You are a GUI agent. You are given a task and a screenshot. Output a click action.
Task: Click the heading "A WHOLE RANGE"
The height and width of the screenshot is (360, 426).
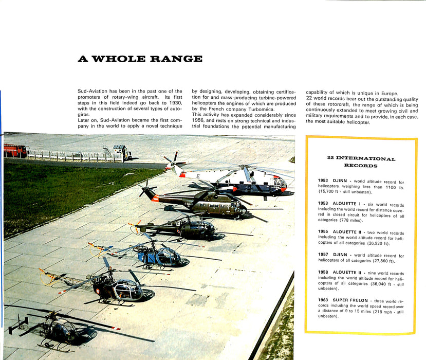[x=140, y=59]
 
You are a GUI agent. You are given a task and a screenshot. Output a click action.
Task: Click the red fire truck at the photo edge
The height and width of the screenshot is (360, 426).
[x=15, y=150]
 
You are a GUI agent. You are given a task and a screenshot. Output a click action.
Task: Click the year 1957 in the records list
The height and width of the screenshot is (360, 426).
[x=324, y=256]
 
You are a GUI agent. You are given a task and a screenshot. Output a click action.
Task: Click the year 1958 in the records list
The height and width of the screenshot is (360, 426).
[x=324, y=274]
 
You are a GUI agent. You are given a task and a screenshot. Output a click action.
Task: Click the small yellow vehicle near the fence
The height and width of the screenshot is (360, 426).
[x=122, y=152]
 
